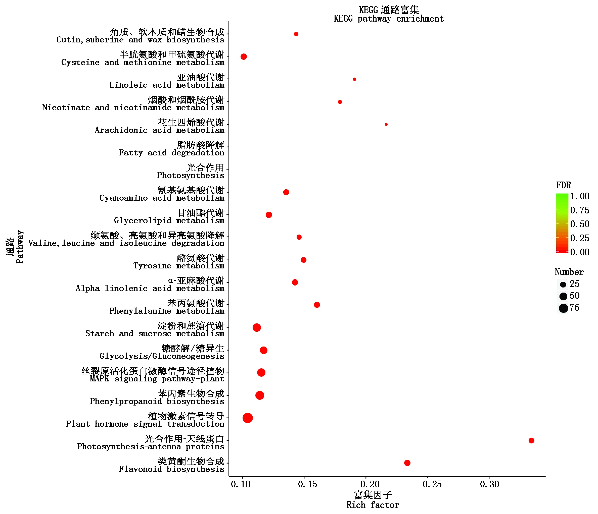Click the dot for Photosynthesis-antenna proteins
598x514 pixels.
point(531,440)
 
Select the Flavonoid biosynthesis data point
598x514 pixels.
point(407,463)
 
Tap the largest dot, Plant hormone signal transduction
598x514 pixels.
point(248,418)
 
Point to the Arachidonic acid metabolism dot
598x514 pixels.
point(386,125)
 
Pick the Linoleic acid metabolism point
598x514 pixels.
point(354,79)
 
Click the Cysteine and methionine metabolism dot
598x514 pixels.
point(244,56)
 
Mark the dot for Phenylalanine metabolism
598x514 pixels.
point(317,305)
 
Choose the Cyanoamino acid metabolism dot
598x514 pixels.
point(286,192)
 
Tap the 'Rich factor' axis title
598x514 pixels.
point(373,505)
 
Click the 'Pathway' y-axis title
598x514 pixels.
point(20,247)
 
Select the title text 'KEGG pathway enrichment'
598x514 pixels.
point(388,19)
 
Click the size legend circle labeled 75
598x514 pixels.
point(563,308)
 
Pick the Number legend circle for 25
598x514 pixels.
point(563,284)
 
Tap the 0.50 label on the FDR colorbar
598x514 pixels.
point(580,224)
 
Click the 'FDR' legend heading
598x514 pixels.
point(563,185)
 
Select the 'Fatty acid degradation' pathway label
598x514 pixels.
point(171,153)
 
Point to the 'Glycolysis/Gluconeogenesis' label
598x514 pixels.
point(162,356)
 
